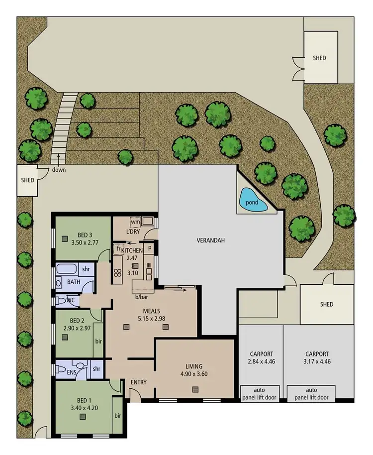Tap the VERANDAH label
coord(211,240)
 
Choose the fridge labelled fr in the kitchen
coord(119,247)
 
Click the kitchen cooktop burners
coord(118,272)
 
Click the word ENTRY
coord(138,382)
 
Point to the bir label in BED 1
coord(117,415)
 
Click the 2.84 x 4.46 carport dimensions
coord(260,362)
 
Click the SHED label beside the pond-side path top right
coord(320,58)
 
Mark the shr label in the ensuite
coord(96,369)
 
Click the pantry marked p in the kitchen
coord(149,247)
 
